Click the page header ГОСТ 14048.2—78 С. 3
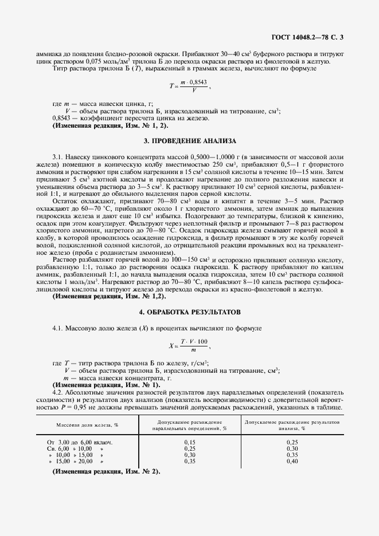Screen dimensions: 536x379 pos(308,38)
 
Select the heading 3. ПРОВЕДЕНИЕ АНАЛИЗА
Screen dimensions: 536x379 pos(189,140)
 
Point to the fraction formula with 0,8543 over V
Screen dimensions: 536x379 pos(190,86)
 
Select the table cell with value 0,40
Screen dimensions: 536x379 pos(292,461)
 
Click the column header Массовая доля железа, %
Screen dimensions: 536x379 pos(87,425)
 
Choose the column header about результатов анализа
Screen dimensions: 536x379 pos(292,424)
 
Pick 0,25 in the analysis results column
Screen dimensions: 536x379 pos(292,442)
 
